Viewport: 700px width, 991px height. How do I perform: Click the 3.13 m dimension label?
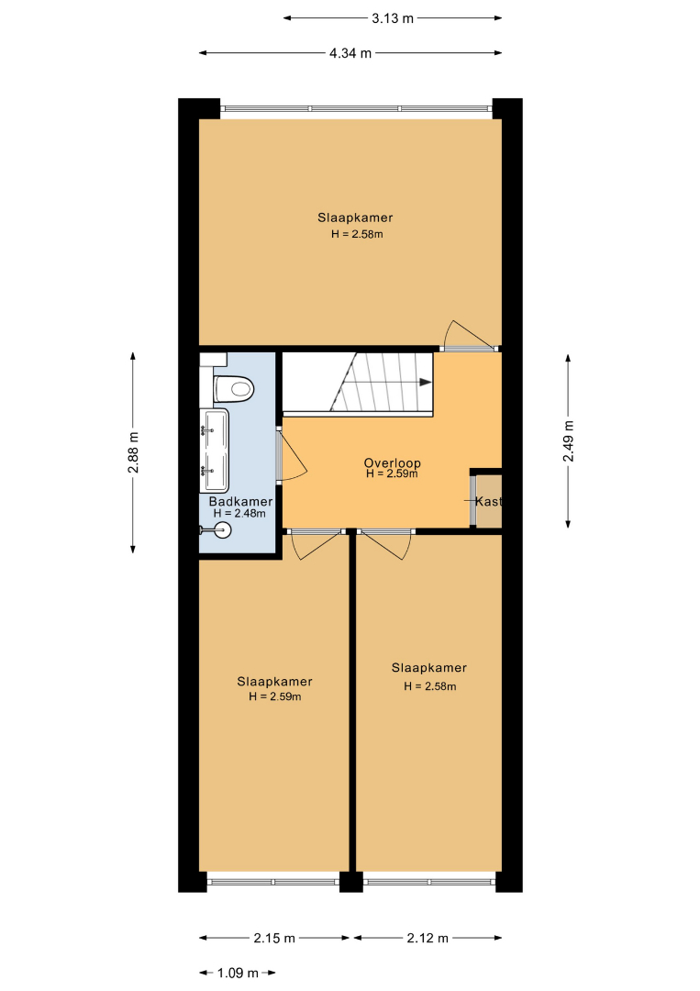click(x=393, y=18)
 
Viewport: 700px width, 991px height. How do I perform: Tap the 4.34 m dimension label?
click(x=350, y=54)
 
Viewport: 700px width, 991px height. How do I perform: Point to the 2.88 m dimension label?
click(x=133, y=452)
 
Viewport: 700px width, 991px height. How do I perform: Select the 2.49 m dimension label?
click(x=568, y=441)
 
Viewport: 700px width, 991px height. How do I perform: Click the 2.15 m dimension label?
click(x=274, y=938)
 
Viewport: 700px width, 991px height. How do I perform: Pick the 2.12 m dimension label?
click(x=428, y=938)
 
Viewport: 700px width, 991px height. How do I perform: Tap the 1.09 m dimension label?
click(x=238, y=973)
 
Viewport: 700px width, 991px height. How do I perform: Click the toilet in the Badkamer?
click(x=234, y=387)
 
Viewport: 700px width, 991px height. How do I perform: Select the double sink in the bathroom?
click(x=214, y=450)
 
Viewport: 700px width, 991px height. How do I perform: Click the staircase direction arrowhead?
click(x=425, y=382)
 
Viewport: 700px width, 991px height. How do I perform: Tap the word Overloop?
click(x=393, y=462)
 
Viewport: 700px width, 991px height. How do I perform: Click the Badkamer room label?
click(x=240, y=501)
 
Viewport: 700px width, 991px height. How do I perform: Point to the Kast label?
click(x=488, y=501)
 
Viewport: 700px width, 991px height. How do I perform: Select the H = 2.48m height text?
click(x=239, y=514)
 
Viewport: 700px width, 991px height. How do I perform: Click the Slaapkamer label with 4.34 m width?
click(x=355, y=217)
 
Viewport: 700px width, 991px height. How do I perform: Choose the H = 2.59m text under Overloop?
click(x=392, y=474)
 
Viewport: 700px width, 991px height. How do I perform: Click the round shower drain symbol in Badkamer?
click(x=223, y=529)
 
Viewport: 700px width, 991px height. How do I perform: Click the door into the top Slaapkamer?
click(x=469, y=335)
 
